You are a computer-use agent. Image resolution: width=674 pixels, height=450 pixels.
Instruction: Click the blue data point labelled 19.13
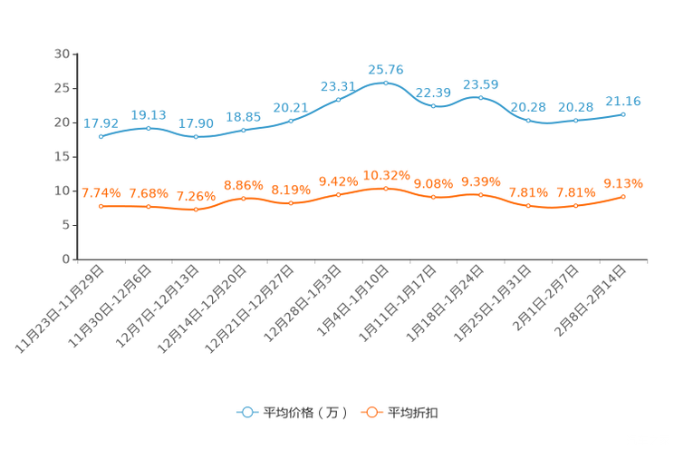[149, 128]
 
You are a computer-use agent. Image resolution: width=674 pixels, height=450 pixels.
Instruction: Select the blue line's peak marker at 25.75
[386, 83]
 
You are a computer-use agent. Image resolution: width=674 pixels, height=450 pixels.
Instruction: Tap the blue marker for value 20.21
[291, 121]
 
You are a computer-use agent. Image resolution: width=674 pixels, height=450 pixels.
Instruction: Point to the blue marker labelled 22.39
[433, 105]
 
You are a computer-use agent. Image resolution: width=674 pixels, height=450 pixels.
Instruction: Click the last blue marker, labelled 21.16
[623, 114]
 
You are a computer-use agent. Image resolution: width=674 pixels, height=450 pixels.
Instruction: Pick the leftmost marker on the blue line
[101, 137]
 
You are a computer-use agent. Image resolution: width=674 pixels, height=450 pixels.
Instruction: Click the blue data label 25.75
[386, 69]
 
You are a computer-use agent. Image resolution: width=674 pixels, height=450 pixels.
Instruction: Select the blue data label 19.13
[149, 115]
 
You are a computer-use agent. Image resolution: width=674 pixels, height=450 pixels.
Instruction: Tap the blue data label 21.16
[623, 101]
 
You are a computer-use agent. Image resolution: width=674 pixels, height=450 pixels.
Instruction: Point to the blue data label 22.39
[433, 92]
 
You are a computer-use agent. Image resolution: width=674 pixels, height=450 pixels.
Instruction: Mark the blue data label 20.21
[291, 107]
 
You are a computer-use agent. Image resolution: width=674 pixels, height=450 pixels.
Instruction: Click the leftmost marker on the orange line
[101, 206]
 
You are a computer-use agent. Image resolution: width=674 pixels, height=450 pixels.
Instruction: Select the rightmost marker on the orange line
[623, 196]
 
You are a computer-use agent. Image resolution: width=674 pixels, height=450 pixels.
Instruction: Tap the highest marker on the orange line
[386, 188]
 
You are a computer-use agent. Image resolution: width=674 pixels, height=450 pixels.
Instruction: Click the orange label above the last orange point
[623, 183]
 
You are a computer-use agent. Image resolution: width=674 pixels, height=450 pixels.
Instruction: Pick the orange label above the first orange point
[101, 192]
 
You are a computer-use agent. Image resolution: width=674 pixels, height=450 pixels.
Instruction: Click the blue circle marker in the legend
[246, 412]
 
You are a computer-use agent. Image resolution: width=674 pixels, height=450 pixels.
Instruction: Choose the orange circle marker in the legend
[371, 412]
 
